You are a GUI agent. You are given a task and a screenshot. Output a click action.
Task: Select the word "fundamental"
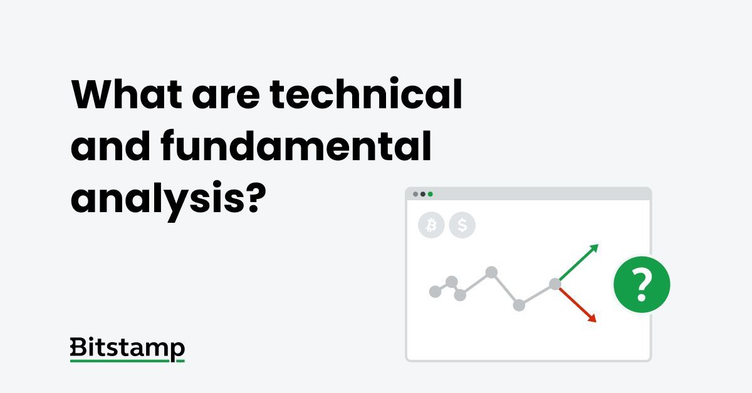pyautogui.click(x=296, y=146)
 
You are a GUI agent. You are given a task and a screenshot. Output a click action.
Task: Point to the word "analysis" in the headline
pyautogui.click(x=154, y=198)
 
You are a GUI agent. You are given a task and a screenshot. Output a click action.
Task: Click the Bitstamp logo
pyautogui.click(x=127, y=349)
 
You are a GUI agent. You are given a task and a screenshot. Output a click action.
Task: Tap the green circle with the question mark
pyautogui.click(x=641, y=285)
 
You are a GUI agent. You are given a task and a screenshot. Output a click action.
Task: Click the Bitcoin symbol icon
pyautogui.click(x=431, y=225)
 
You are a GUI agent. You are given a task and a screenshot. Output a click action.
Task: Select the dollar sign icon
pyautogui.click(x=462, y=225)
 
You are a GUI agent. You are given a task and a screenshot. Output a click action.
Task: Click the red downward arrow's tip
pyautogui.click(x=594, y=321)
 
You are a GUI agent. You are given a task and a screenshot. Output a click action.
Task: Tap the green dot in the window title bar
pyautogui.click(x=431, y=194)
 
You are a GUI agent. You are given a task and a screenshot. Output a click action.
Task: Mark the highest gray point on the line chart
pyautogui.click(x=492, y=272)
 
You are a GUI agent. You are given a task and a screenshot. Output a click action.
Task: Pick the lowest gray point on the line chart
pyautogui.click(x=519, y=305)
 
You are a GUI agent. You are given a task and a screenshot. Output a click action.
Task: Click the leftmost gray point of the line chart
pyautogui.click(x=435, y=292)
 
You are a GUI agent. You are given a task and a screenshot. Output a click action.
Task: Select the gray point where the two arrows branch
pyautogui.click(x=555, y=284)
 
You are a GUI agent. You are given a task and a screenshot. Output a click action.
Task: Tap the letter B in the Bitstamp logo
pyautogui.click(x=78, y=347)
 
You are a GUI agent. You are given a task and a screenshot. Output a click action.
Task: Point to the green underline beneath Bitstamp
pyautogui.click(x=127, y=361)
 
